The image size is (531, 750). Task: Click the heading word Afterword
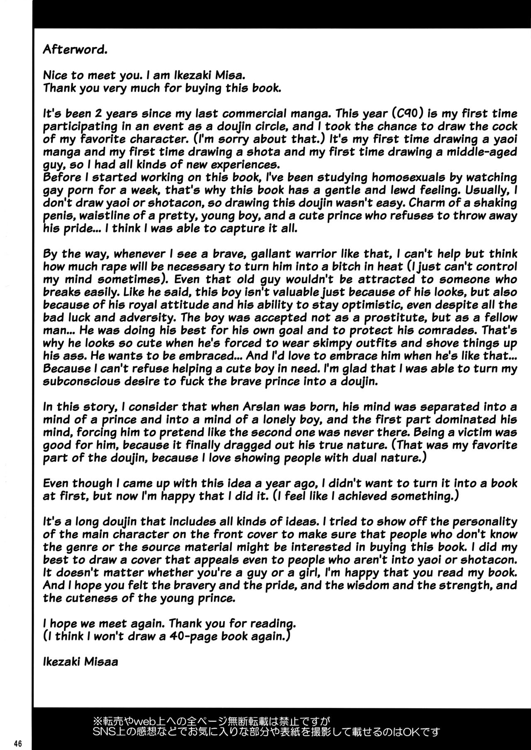pos(75,50)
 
